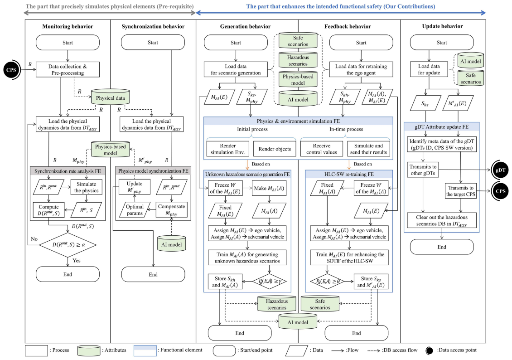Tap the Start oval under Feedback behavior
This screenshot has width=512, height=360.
tap(361, 43)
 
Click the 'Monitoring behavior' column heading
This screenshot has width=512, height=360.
tap(68, 26)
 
